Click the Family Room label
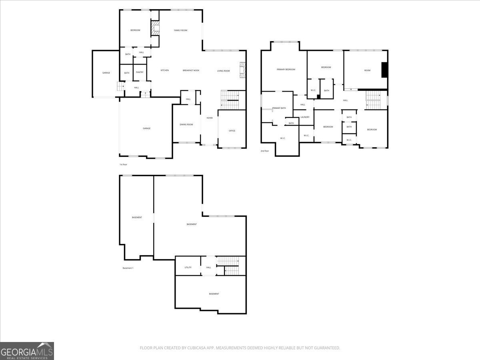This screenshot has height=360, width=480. point(180,30)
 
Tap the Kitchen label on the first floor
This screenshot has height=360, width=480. point(164,70)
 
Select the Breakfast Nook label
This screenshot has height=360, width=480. point(191,70)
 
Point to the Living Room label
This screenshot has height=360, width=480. point(224,71)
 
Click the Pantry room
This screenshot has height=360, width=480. point(140,72)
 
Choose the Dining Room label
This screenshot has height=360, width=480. point(186,124)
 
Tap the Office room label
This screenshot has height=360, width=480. point(232,131)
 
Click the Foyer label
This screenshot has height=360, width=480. point(210,118)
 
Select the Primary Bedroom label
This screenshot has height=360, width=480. point(286,70)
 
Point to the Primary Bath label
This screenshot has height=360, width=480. point(279,108)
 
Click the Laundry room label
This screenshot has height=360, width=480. point(305,117)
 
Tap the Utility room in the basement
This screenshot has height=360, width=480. point(188,267)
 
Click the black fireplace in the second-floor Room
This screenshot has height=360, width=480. point(384,70)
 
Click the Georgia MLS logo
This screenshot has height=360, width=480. point(27,351)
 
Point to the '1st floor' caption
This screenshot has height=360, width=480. point(123,164)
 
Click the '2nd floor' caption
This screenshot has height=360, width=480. point(265,151)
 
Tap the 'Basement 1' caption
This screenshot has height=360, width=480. point(128,268)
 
